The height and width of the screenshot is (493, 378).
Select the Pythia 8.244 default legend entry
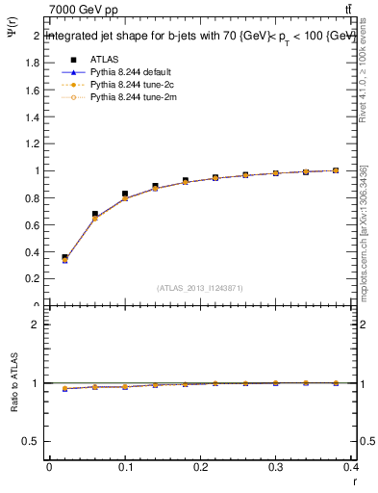[x=134, y=71]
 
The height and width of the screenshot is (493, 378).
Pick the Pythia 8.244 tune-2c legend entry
[x=134, y=84]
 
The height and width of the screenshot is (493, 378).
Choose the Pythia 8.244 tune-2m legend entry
[x=134, y=96]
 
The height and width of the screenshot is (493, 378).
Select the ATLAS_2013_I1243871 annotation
[x=200, y=288]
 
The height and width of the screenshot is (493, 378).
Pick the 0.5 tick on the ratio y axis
[x=32, y=441]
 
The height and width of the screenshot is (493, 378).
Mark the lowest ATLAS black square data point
[x=64, y=258]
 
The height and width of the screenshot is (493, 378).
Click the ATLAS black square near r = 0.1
[x=125, y=194]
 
